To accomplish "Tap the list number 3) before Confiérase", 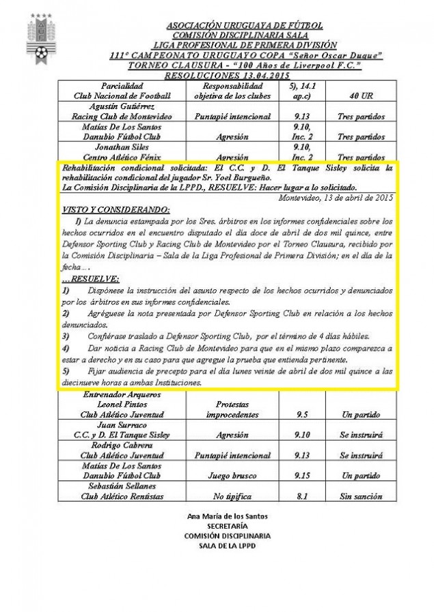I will (x=66, y=336).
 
